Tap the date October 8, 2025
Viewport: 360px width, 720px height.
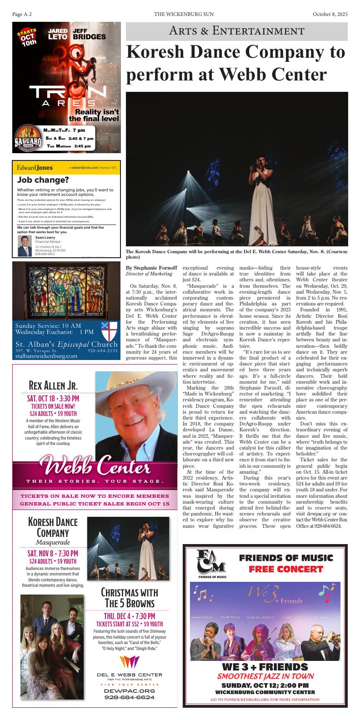tap(330, 15)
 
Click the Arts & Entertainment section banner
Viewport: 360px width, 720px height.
tap(236, 31)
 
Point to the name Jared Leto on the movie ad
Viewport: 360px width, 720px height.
tap(58, 34)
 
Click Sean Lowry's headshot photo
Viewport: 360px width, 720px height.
tap(25, 245)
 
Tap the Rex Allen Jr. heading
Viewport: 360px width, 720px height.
tap(53, 386)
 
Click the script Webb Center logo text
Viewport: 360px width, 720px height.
tap(95, 465)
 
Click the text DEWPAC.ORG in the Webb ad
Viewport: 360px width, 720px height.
tap(130, 690)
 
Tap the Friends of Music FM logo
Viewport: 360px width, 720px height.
tap(211, 563)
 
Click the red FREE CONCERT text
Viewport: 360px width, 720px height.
tap(285, 569)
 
